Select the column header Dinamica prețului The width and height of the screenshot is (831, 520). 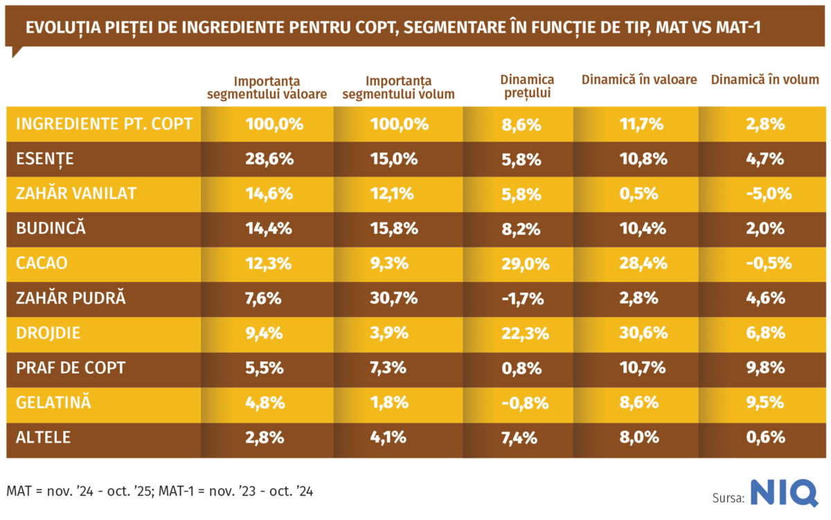(x=527, y=87)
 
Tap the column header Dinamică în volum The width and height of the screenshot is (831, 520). (x=765, y=80)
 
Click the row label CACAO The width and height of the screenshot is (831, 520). (x=42, y=263)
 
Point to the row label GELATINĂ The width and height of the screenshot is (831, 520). (x=53, y=403)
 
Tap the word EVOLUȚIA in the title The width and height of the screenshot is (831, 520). (x=59, y=28)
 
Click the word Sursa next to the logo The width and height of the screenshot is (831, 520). (x=728, y=498)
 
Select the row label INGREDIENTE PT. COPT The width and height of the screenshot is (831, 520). (x=104, y=124)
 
